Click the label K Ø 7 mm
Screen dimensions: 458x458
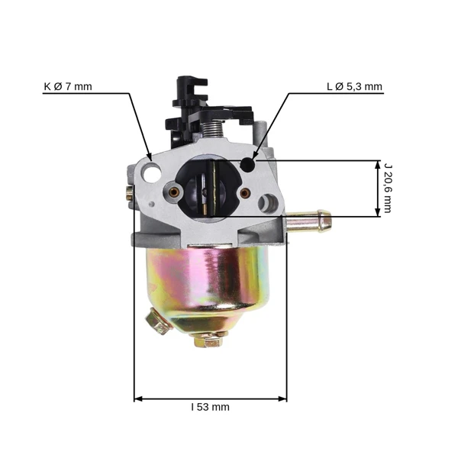click(x=68, y=86)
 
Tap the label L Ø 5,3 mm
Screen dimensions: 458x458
click(x=354, y=86)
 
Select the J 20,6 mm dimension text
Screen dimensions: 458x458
click(x=387, y=189)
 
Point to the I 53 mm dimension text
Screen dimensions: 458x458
click(x=211, y=407)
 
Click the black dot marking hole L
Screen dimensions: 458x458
click(x=247, y=165)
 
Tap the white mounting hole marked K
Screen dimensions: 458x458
click(x=152, y=173)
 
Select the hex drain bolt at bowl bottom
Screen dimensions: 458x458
click(x=208, y=340)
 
